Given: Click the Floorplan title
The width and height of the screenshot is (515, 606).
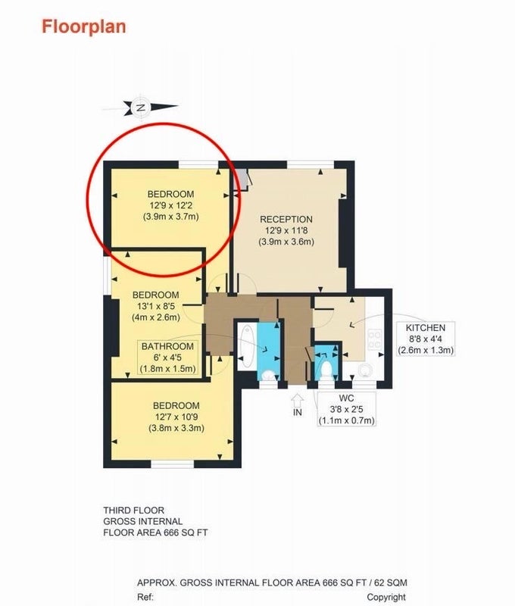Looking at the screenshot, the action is tap(84, 27).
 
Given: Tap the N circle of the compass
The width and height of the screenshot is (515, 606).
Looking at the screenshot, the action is tap(141, 108).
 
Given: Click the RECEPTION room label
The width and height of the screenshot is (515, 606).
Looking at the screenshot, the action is tap(286, 220).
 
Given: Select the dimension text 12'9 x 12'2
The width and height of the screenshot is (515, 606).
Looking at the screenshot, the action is tap(170, 205).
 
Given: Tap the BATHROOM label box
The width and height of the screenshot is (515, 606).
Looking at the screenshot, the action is tap(167, 358).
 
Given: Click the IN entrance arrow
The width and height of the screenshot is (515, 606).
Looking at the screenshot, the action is tap(297, 400).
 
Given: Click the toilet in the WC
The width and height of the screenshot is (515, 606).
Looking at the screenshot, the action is tap(327, 369).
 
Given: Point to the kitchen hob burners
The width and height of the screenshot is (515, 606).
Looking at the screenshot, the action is tap(375, 339).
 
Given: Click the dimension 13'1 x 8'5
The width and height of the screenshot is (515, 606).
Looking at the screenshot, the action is tap(156, 306).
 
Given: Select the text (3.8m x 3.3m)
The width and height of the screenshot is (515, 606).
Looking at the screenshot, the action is tap(176, 428).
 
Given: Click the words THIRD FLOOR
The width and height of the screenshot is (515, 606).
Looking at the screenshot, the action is tap(134, 510).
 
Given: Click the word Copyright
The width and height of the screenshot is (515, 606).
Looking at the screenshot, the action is tap(386, 597).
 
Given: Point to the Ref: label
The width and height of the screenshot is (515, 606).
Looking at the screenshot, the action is tap(145, 597).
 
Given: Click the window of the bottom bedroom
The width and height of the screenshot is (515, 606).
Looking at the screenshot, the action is tap(172, 464).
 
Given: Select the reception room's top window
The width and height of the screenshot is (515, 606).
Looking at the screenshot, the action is tap(311, 164).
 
